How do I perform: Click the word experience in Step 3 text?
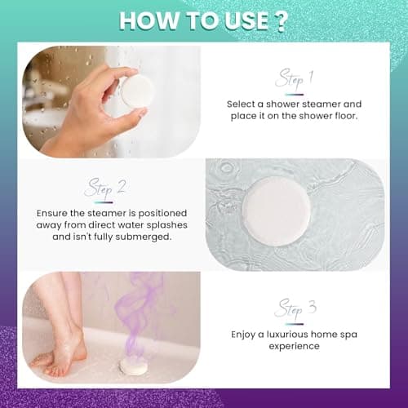295,347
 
